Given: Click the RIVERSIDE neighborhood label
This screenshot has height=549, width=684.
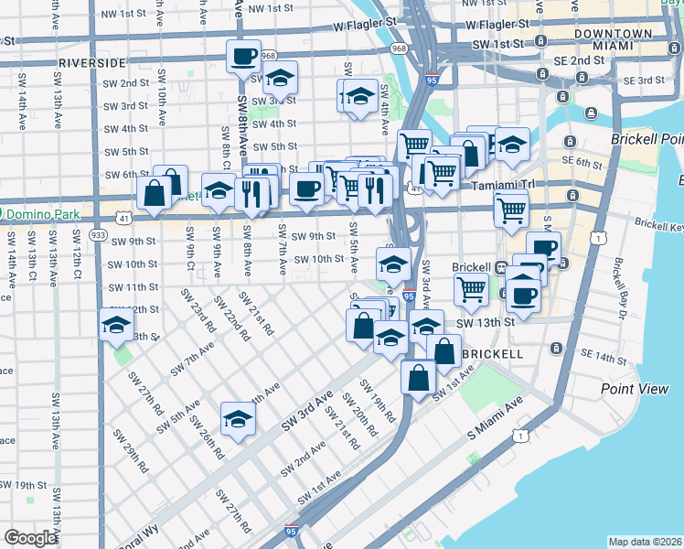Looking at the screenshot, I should (x=91, y=63).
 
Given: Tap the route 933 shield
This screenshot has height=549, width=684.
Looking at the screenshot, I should (x=98, y=234).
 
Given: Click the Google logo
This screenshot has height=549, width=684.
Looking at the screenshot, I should (x=30, y=538).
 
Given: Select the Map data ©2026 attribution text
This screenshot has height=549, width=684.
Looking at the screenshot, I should (x=646, y=541).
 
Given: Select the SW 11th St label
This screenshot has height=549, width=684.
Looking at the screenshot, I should (x=134, y=287).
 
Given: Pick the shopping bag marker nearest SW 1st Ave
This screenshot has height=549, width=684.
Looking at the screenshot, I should (x=418, y=377).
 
